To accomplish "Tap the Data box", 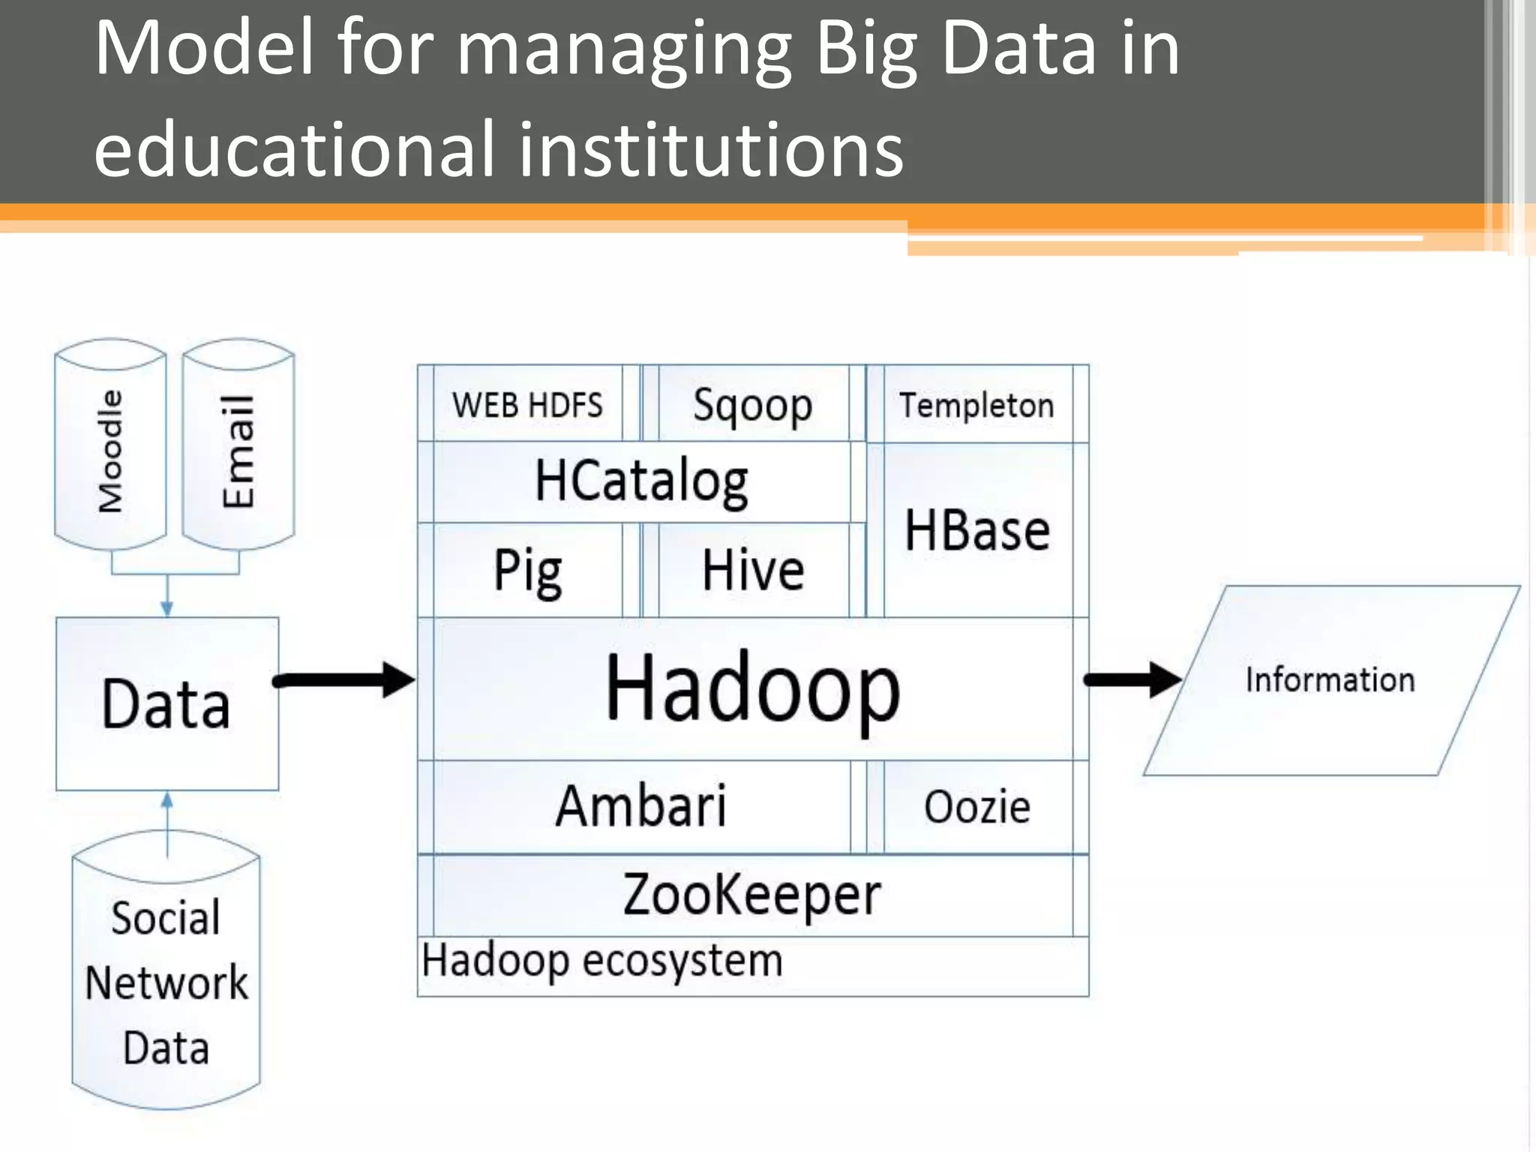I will coord(166,703).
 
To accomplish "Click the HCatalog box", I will coord(641,481).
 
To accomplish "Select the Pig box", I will coord(527,571).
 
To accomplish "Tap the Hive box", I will coord(753,571).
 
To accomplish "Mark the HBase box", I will coord(977,530).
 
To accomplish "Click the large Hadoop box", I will coord(752,688).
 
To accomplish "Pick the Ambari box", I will coord(641,806).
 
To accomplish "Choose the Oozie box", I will coord(977,807).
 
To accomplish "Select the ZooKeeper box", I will coord(752,895).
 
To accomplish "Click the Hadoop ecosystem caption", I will coord(602,961).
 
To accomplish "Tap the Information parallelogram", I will coord(1330,679).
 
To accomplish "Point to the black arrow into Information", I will coord(1132,679).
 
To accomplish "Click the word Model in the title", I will coord(203,48).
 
